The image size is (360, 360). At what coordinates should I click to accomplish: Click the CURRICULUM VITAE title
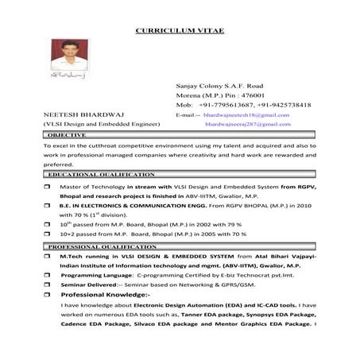point(180,30)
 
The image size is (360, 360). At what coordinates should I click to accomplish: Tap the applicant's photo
point(70,56)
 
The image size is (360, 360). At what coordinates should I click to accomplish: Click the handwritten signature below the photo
point(70,83)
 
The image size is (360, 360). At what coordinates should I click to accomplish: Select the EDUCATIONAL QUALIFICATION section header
point(101,173)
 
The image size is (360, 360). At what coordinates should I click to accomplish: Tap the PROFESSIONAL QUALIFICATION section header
point(102,248)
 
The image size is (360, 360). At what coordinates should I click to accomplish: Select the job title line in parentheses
point(96,125)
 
